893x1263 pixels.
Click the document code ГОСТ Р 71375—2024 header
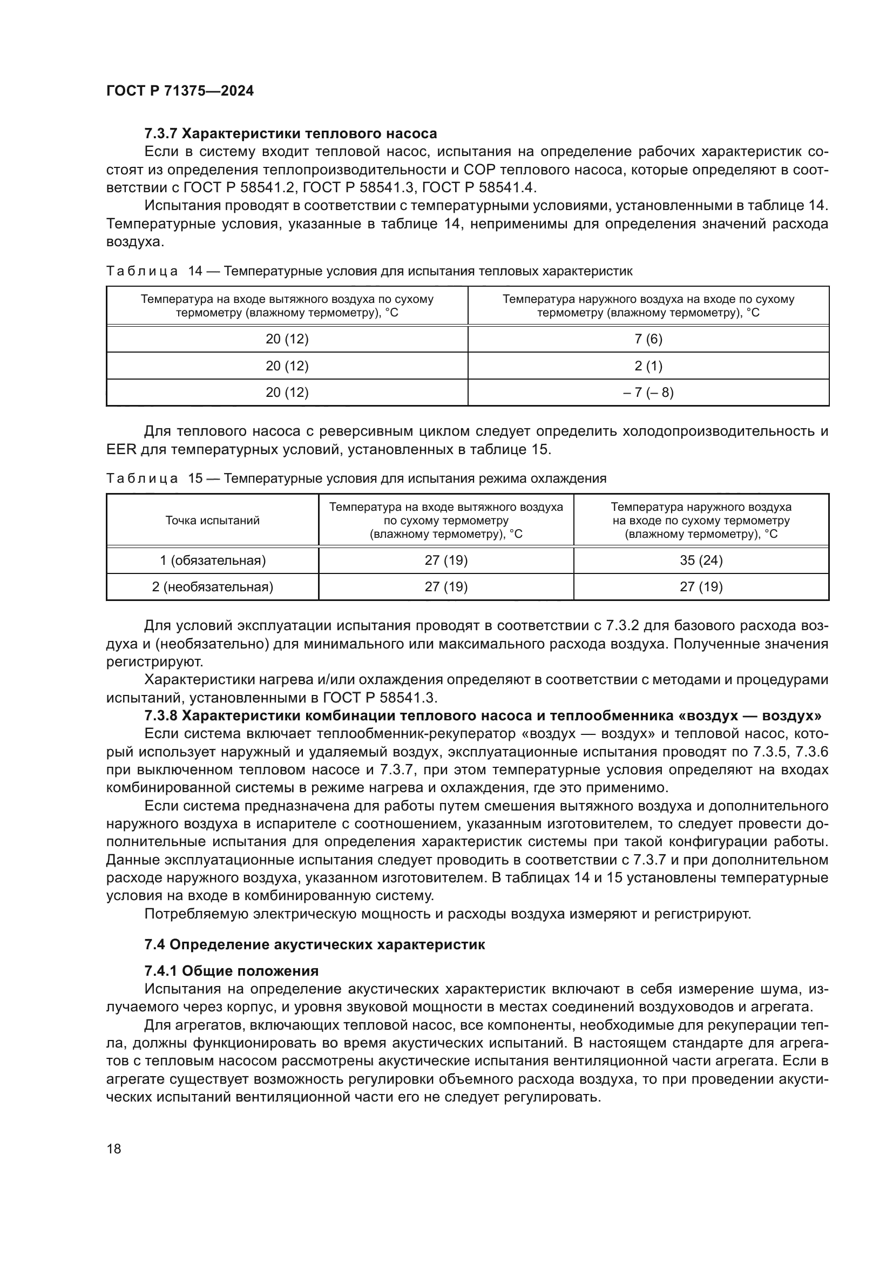pos(180,91)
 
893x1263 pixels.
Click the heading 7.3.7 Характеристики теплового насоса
pos(290,134)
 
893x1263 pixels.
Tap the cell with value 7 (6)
pos(648,339)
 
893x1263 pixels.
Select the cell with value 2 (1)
pos(648,366)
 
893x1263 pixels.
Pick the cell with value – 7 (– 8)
pos(648,392)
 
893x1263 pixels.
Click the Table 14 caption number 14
pos(195,271)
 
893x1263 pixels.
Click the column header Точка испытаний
pos(212,521)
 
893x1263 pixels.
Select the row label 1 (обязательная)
pos(212,560)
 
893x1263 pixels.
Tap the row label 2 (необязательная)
pos(212,587)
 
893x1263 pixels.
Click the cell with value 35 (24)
pos(701,560)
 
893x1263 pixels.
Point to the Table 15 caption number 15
pos(195,478)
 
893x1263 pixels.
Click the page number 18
pos(114,1149)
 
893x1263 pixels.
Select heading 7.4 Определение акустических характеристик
pos(315,944)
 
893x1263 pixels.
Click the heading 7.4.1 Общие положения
pos(232,971)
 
